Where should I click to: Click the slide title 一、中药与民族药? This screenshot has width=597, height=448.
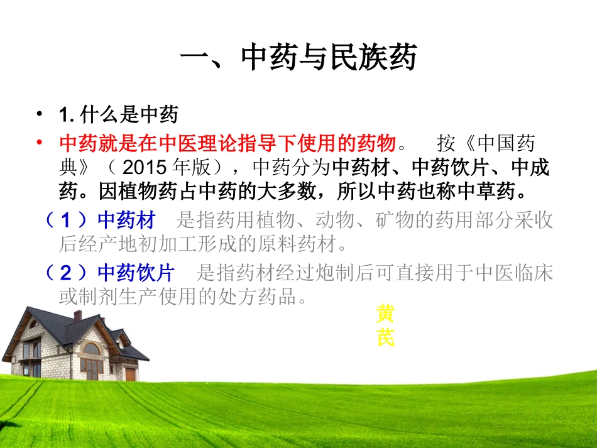298,60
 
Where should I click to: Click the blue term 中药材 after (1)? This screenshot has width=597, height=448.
126,219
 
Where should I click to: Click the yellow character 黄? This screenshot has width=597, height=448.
385,314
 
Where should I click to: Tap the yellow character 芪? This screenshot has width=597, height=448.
385,339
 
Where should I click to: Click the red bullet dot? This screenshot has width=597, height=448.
40,143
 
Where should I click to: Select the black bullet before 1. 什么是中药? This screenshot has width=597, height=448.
40,114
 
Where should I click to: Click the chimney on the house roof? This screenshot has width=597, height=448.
78,315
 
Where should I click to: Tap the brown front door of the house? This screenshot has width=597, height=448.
130,374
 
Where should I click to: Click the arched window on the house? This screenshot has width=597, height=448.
91,349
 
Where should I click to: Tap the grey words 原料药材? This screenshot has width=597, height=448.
317,241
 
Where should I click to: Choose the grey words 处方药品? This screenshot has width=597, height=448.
269,295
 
